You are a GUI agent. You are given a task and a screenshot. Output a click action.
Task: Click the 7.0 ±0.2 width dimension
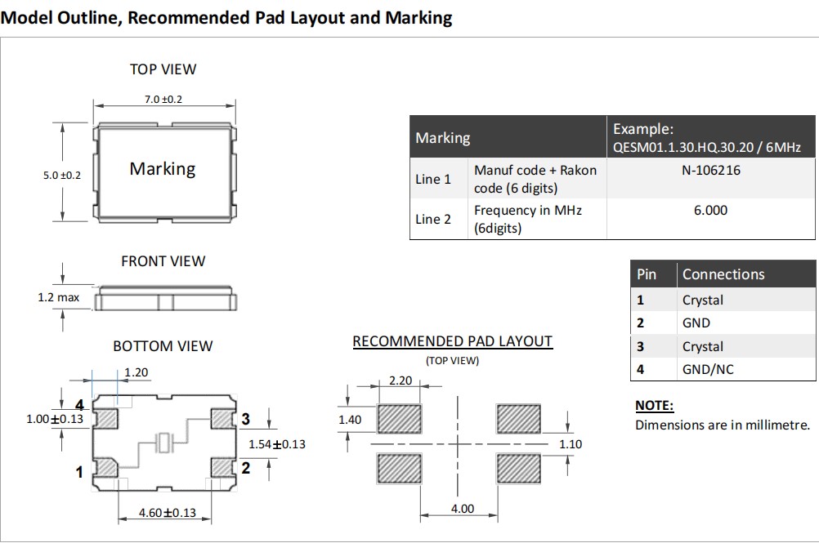click(x=163, y=100)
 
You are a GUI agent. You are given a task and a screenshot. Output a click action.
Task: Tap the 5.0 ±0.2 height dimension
click(x=62, y=175)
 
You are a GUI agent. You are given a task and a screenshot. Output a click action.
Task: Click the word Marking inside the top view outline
click(x=163, y=169)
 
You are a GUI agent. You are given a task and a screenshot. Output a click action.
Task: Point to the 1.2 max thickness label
click(x=59, y=297)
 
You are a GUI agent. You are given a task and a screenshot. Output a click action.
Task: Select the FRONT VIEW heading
click(x=163, y=261)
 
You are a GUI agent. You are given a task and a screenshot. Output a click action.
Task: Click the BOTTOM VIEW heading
click(x=163, y=346)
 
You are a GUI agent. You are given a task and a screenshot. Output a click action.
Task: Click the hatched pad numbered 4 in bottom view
click(x=107, y=419)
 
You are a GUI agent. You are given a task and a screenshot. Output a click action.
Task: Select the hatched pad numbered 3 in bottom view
click(x=222, y=419)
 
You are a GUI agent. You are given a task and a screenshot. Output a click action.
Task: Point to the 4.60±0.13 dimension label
click(x=168, y=513)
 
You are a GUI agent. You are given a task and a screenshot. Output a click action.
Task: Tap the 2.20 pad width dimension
click(x=400, y=381)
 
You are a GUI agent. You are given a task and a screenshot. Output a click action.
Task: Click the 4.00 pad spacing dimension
click(x=462, y=509)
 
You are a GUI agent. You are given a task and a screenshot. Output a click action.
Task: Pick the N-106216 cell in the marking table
click(x=710, y=171)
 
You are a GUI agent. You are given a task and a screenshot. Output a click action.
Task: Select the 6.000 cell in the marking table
click(x=710, y=210)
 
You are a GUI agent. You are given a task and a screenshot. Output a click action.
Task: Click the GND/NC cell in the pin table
click(x=708, y=369)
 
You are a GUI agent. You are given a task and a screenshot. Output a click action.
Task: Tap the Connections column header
click(x=723, y=274)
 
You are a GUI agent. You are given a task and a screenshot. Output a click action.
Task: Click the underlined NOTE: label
click(x=655, y=406)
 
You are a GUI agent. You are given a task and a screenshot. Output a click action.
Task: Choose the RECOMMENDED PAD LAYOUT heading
click(x=452, y=341)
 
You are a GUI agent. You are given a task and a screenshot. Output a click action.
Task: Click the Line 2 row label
click(x=433, y=219)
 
